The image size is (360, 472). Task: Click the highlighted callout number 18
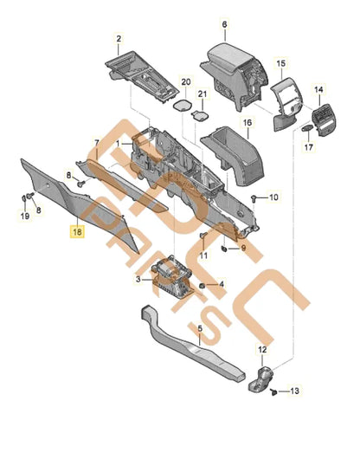(x=78, y=232)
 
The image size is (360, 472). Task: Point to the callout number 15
(x=280, y=64)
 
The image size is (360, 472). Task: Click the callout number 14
(x=318, y=90)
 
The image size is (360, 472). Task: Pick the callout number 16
(x=247, y=123)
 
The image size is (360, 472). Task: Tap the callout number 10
(x=275, y=198)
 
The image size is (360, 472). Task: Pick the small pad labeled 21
(x=201, y=112)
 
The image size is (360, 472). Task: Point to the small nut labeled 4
(x=202, y=284)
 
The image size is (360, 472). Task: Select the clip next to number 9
(x=223, y=249)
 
